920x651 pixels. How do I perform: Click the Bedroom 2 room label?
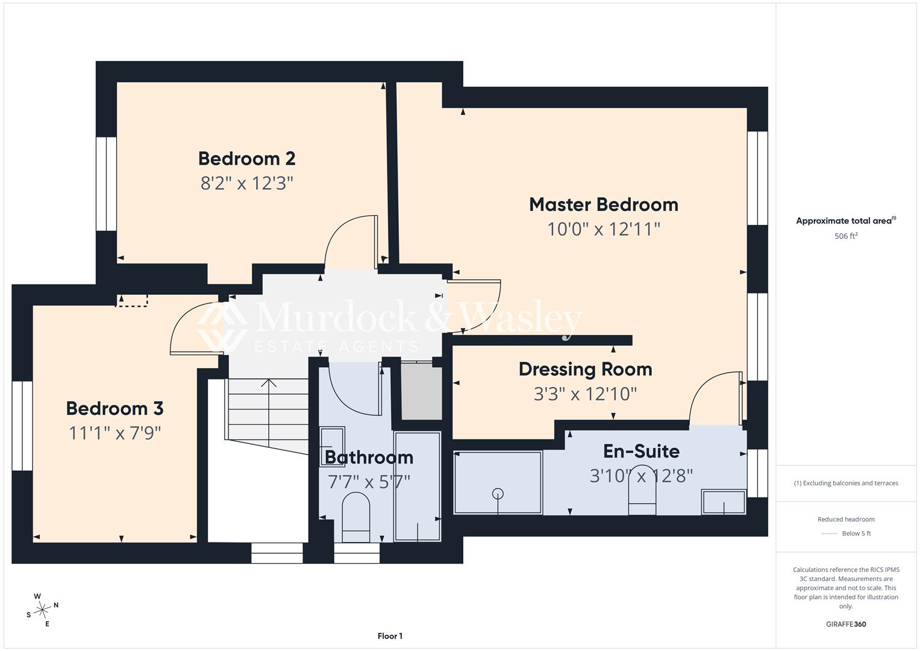click(x=247, y=159)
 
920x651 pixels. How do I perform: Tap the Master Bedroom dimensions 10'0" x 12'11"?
click(x=603, y=229)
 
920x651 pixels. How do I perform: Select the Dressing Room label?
click(x=585, y=369)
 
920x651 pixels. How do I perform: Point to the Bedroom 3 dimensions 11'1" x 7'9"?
click(x=114, y=433)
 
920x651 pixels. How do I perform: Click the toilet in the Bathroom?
click(x=355, y=517)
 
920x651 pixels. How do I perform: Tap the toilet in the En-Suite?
click(x=642, y=490)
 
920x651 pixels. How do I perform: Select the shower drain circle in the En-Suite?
click(x=498, y=493)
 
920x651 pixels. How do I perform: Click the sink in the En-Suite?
click(x=724, y=502)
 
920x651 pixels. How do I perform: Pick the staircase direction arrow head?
click(x=269, y=383)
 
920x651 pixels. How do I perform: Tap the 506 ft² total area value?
click(x=846, y=236)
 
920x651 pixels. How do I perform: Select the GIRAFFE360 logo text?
click(x=846, y=624)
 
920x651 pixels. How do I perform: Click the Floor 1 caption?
click(x=390, y=636)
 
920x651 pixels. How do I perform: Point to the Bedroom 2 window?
click(x=106, y=184)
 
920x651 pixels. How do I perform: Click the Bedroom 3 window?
click(x=22, y=426)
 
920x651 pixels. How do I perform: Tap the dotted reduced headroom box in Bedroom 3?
click(x=131, y=300)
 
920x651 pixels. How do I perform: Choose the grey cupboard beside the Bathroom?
click(x=421, y=391)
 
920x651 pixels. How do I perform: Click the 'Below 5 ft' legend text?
click(x=856, y=533)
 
